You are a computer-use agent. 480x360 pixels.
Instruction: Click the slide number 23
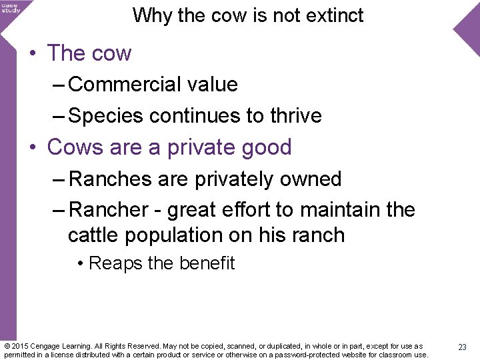pos(462,347)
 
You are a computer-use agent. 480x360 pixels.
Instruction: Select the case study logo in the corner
pos(10,7)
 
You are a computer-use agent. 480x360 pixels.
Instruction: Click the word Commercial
pos(107,85)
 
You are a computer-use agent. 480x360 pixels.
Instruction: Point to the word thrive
pos(295,116)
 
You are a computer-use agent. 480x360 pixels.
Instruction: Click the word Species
pos(107,116)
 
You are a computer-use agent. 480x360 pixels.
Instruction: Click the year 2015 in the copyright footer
pos(21,347)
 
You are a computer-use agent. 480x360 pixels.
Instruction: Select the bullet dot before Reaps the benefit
pos(80,264)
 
